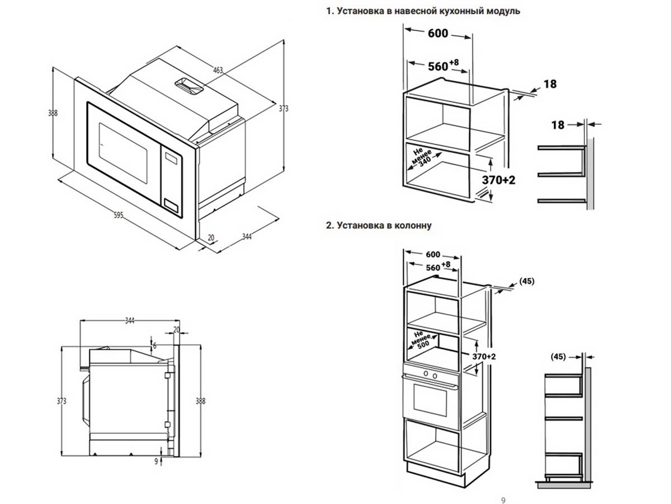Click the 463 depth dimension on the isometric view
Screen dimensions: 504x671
218,71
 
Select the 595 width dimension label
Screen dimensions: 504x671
118,216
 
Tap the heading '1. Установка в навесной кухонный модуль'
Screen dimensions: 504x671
423,11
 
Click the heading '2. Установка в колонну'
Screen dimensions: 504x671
379,226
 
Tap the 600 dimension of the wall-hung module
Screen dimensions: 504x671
438,34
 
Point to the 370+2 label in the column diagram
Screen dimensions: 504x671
484,357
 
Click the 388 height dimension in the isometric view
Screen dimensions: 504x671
53,113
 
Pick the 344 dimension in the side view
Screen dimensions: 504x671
130,321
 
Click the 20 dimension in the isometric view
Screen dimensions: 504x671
211,237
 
